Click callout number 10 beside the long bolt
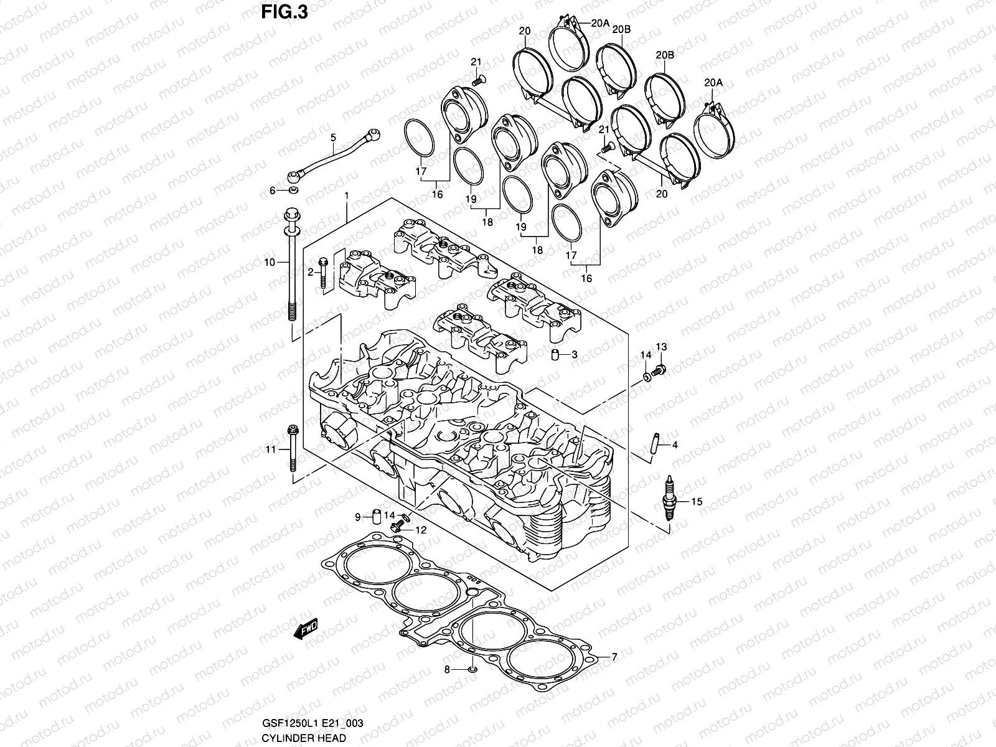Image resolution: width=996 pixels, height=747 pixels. pos(269,263)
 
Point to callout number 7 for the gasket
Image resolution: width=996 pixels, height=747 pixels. pos(614,657)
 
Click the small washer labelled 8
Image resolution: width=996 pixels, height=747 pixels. pos(472,670)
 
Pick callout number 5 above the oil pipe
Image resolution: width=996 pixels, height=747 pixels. pos(333,137)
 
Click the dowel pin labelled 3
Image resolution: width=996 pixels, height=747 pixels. pos(553,355)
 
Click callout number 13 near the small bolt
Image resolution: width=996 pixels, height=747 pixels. pos(660,347)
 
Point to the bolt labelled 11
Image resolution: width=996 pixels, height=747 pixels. pos(291,449)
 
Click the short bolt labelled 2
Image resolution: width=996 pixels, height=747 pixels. pos(322,274)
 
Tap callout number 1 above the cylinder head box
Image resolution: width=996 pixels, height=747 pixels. pos(347,196)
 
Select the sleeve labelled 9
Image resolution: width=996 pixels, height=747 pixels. pos(377,516)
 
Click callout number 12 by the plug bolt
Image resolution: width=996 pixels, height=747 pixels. pos(421,530)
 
